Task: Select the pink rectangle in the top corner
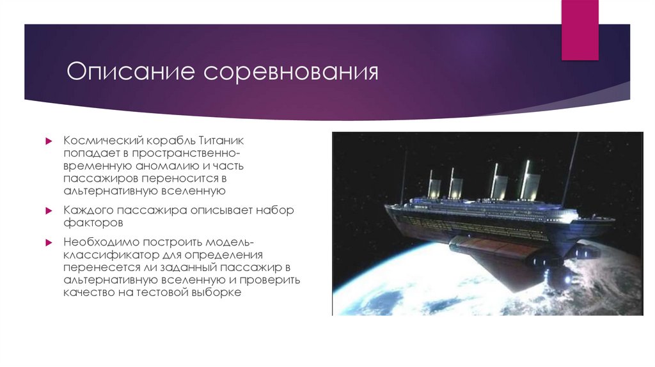pyautogui.click(x=580, y=29)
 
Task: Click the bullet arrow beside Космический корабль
pyautogui.click(x=48, y=140)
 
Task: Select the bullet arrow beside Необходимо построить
pyautogui.click(x=48, y=242)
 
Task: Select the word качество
pyautogui.click(x=90, y=293)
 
